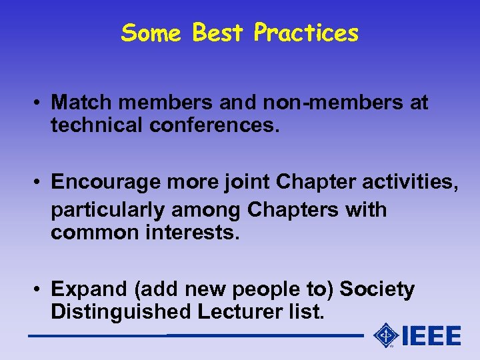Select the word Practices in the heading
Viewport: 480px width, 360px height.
click(x=306, y=33)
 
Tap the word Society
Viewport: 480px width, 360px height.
click(x=377, y=289)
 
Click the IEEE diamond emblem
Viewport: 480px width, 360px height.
click(x=385, y=335)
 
